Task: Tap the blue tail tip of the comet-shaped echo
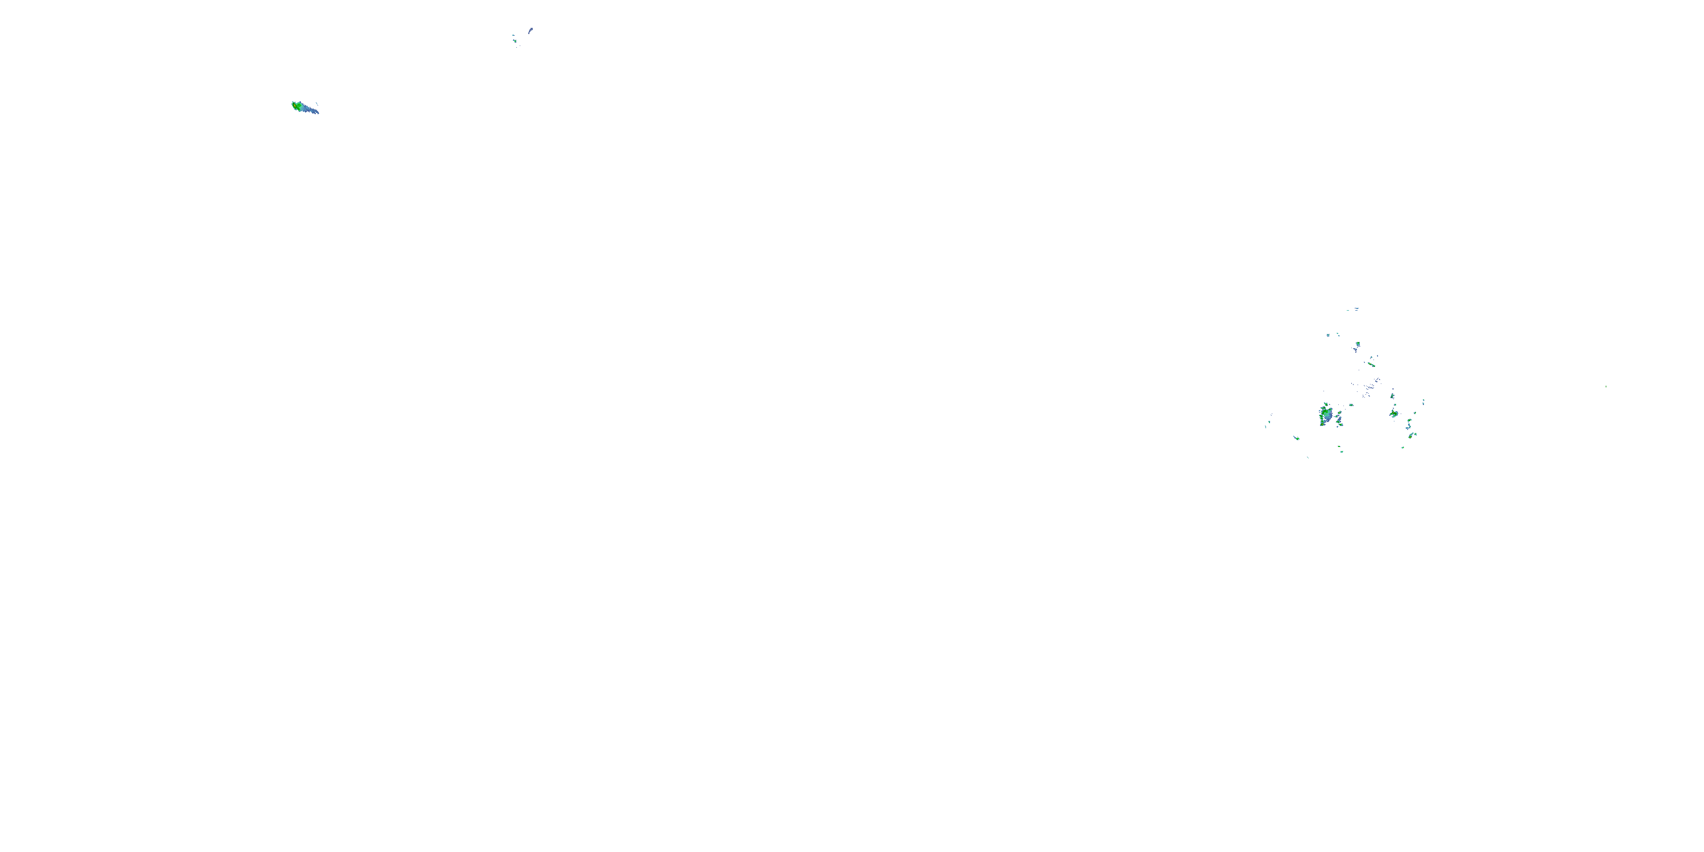click(x=317, y=112)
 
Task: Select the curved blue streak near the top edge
click(x=531, y=31)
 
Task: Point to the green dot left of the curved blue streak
click(x=514, y=37)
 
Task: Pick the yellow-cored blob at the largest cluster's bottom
click(x=1322, y=423)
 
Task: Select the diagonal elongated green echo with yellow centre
click(x=1372, y=365)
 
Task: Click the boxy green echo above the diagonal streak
click(x=1358, y=345)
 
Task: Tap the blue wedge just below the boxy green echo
click(x=1356, y=350)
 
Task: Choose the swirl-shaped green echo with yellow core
click(x=1394, y=414)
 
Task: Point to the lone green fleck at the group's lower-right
click(x=1402, y=447)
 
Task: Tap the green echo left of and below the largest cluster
click(x=1297, y=437)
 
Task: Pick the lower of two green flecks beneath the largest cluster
click(x=1342, y=451)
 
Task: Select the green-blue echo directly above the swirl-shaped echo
click(x=1392, y=397)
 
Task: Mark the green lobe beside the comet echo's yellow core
click(x=294, y=105)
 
